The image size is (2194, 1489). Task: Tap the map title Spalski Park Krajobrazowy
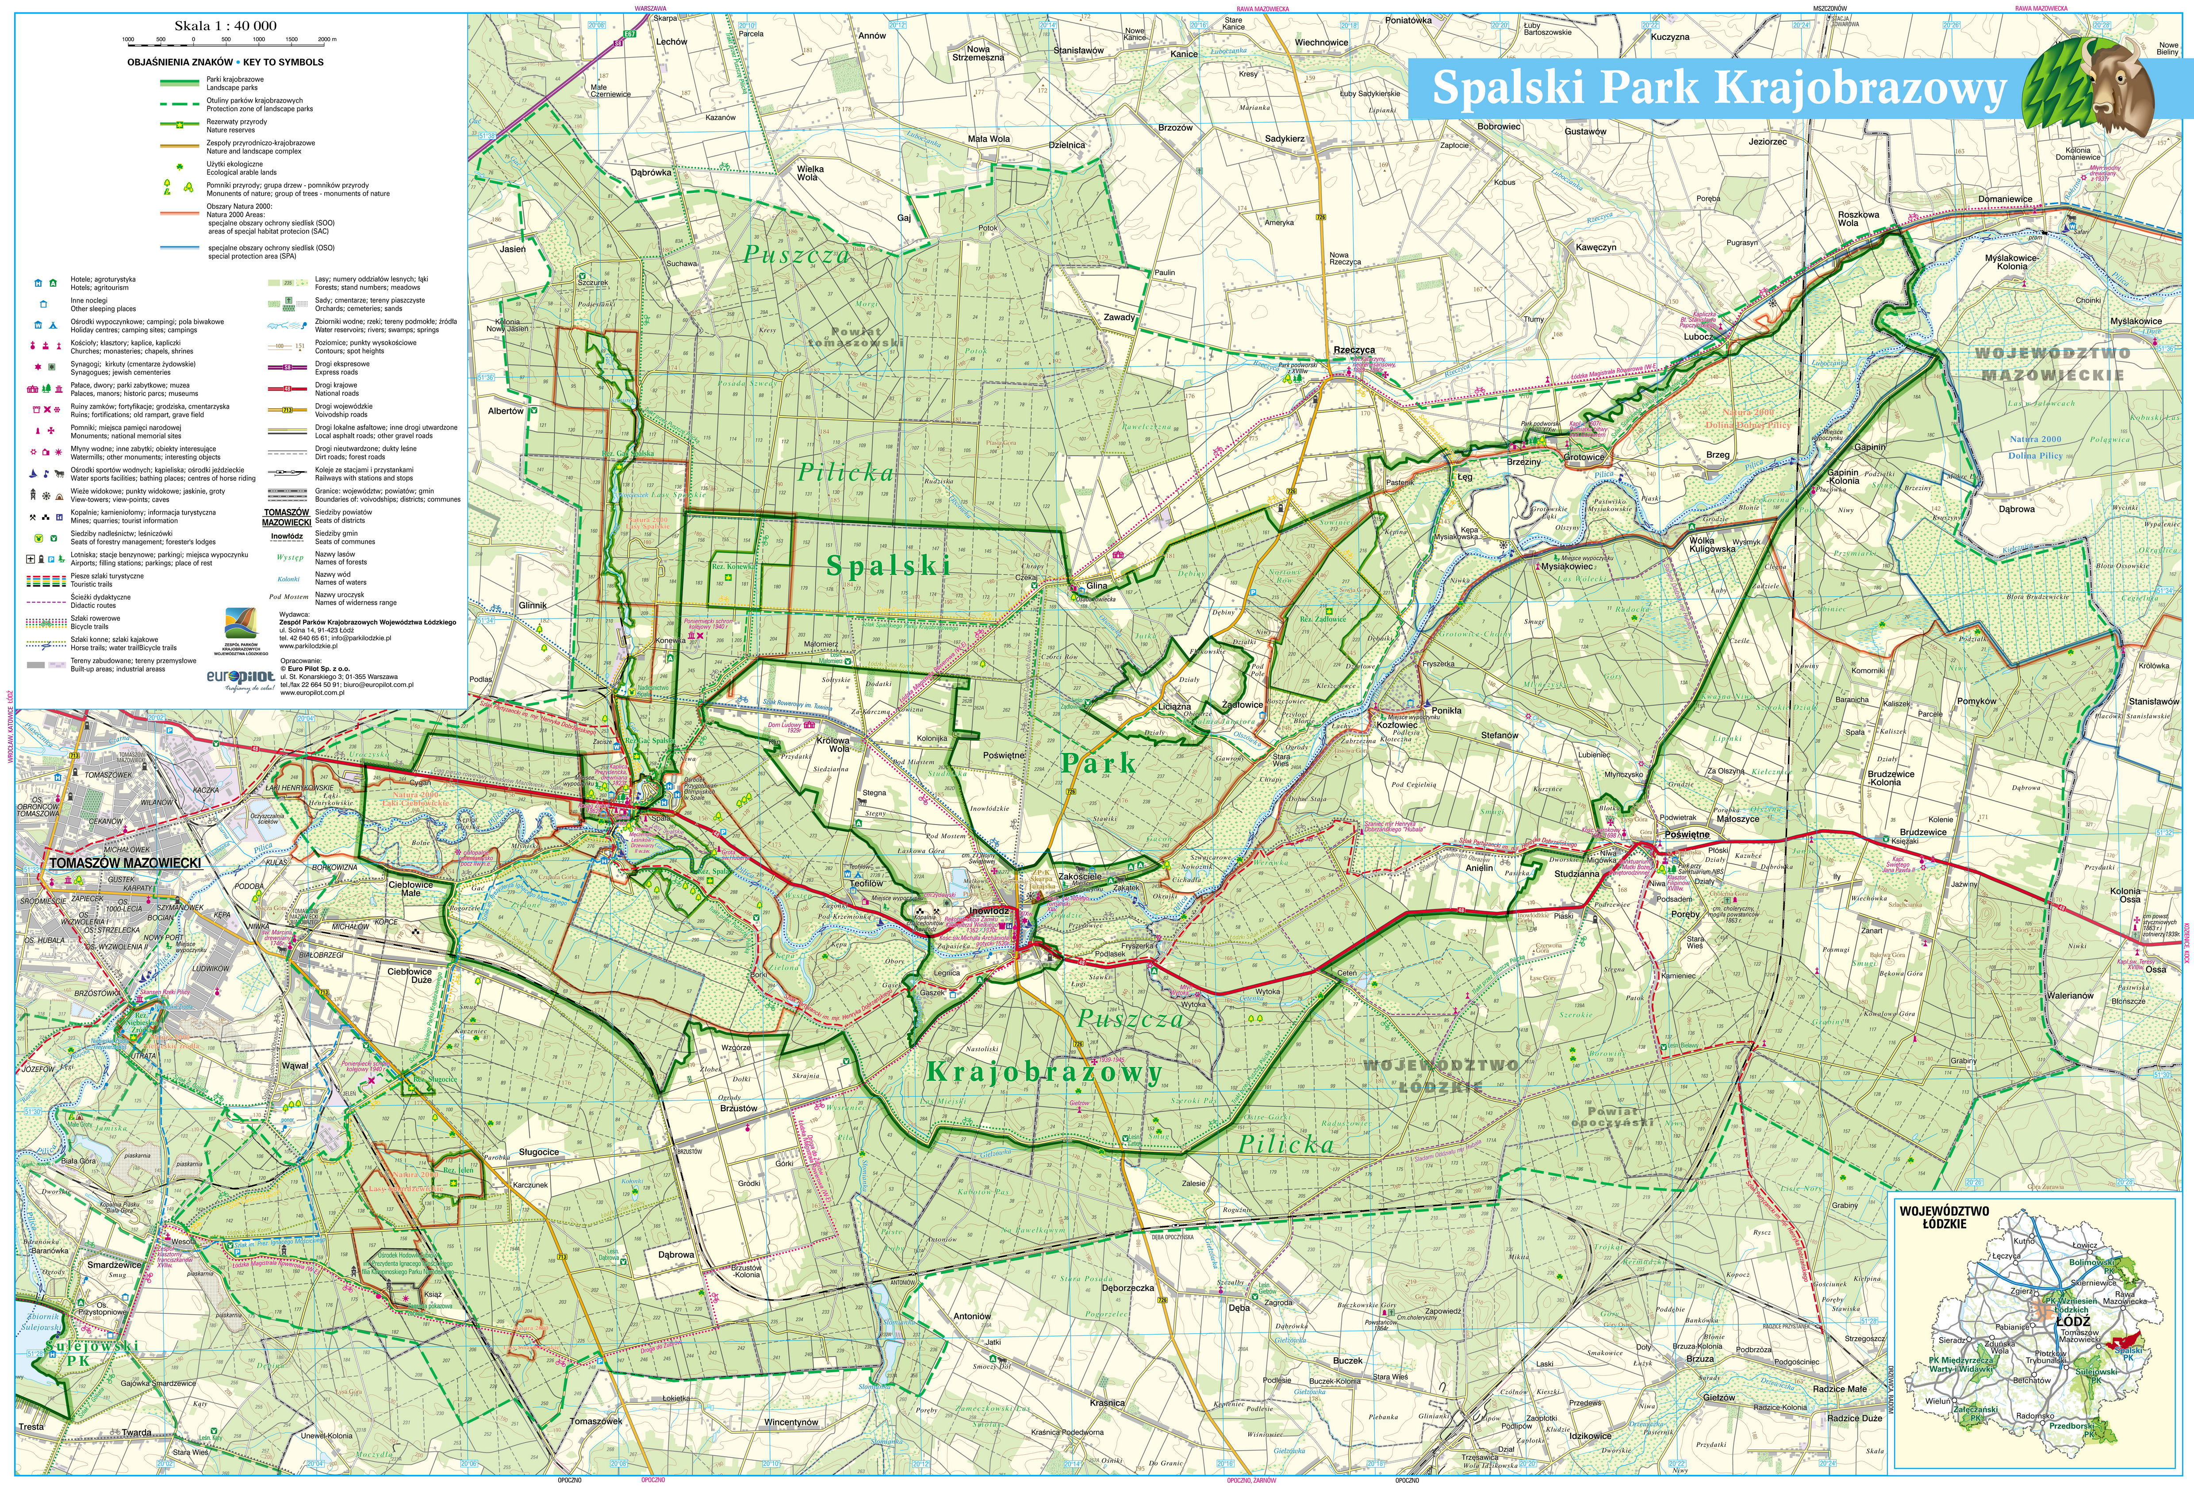coord(1718,88)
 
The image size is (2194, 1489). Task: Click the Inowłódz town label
coord(990,911)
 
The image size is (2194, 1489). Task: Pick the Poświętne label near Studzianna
coord(1686,835)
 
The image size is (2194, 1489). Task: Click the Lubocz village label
coord(1697,336)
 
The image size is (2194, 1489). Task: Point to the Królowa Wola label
coord(832,744)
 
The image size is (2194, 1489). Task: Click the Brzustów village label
coord(738,1108)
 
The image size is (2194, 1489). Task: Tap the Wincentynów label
coord(791,1422)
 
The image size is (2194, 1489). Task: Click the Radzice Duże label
coord(1854,1418)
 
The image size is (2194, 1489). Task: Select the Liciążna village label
coord(1174,706)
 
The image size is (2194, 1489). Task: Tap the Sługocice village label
coord(539,1152)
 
